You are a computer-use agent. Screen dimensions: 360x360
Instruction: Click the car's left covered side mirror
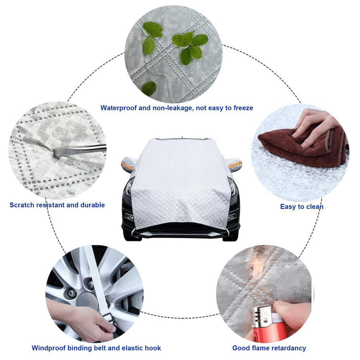[x=129, y=164]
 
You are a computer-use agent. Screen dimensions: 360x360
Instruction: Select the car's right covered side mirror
[x=234, y=164]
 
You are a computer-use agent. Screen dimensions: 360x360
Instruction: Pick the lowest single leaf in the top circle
[x=149, y=88]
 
